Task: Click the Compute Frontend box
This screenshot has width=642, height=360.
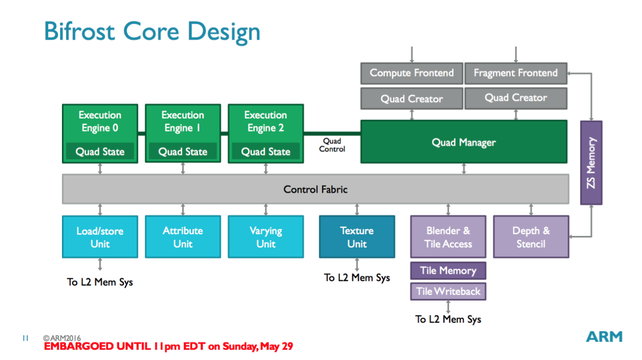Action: coord(412,73)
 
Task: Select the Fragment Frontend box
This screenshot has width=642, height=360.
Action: coord(515,73)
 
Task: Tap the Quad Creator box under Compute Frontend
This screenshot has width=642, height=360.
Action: coord(412,99)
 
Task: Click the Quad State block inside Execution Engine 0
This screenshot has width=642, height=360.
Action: coord(100,152)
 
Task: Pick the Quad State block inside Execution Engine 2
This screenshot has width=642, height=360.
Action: coord(266,152)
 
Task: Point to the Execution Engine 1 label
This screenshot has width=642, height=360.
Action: coord(183,121)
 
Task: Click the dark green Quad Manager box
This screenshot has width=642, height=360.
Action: coord(464,142)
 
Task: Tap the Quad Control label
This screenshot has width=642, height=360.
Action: coord(332,145)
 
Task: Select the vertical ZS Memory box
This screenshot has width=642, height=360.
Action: coord(591,163)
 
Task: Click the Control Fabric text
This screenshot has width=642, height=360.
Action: coord(315,189)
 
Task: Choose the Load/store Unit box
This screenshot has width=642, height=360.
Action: coord(100,237)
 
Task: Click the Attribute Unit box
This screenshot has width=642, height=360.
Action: coord(183,237)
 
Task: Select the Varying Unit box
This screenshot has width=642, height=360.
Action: coord(266,237)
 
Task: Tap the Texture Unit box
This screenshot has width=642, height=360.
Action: coord(357,237)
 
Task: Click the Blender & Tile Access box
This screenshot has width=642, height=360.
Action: coord(448,237)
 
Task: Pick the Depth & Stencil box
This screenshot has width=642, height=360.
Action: coord(531,237)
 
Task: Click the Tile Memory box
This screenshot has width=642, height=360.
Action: coord(448,271)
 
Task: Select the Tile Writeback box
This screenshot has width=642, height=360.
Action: coord(448,292)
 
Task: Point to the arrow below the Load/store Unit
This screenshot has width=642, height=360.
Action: coord(100,265)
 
